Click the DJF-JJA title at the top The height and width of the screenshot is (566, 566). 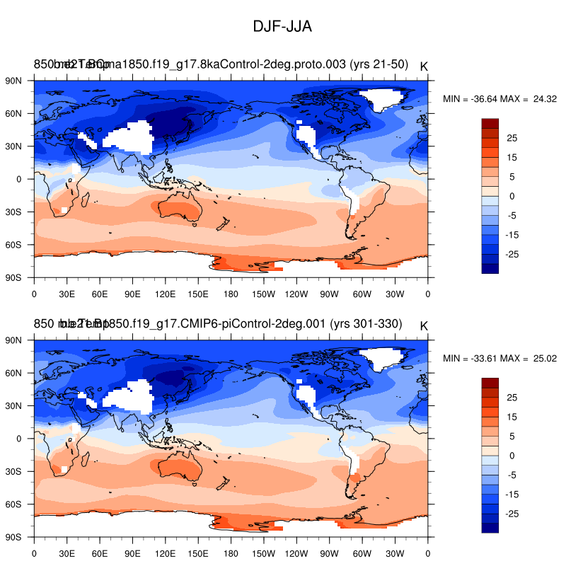pos(282,27)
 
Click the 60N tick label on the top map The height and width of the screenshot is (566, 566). pos(15,113)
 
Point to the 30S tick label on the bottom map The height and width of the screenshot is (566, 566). pos(15,471)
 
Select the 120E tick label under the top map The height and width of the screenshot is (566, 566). pos(165,294)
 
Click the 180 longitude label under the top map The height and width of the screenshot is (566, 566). pos(231,294)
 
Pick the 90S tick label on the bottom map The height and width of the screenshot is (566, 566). pos(15,537)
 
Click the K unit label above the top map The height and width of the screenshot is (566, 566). pos(424,67)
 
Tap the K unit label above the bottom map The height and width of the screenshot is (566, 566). pos(424,325)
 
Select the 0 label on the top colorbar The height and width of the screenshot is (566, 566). pos(512,196)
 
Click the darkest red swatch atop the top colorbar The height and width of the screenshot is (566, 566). pos(490,123)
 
